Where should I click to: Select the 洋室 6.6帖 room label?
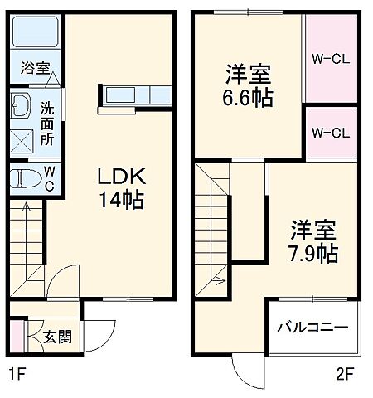coord(249,84)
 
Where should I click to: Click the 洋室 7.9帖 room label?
coord(312,241)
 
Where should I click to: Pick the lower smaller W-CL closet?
coord(329,131)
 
